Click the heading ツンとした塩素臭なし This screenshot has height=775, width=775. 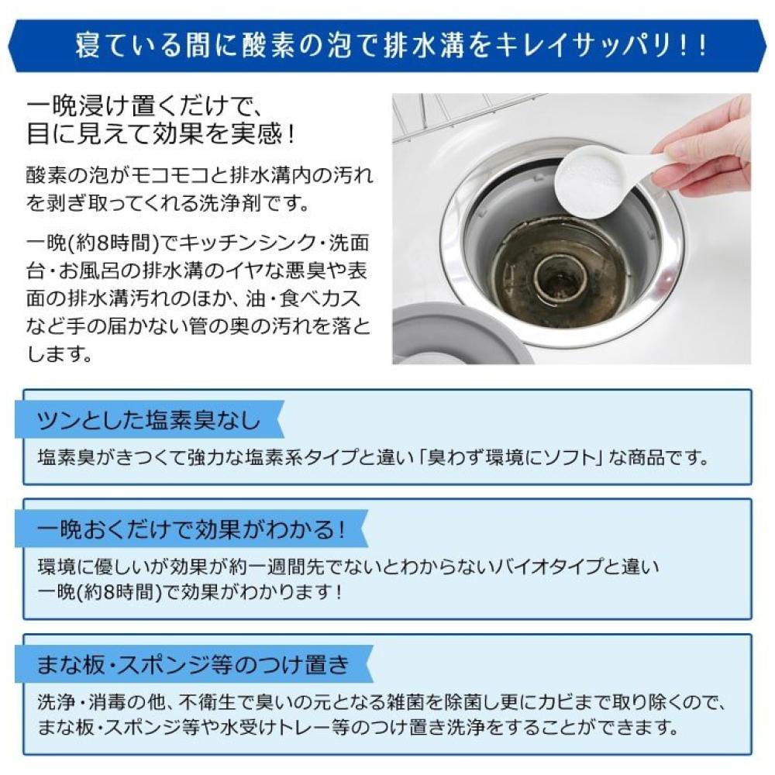149,421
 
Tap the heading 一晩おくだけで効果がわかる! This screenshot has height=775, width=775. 191,530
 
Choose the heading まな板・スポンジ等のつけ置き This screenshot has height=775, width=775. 193,664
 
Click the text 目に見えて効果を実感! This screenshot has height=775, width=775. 161,133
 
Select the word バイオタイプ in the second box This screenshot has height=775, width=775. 549,567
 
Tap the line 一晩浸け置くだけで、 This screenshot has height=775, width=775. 140,106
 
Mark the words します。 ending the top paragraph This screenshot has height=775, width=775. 60,353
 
